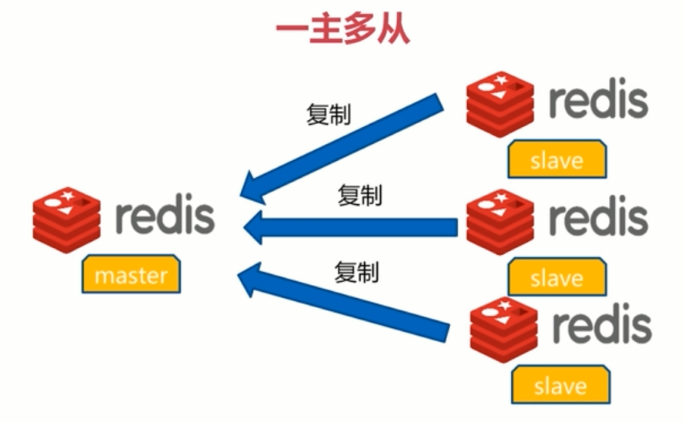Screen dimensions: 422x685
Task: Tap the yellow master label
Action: [131, 273]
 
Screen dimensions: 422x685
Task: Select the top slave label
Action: [556, 161]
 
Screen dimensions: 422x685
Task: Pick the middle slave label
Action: [556, 276]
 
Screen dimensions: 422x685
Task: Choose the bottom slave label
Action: [560, 384]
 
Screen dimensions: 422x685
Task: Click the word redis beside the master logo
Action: [165, 217]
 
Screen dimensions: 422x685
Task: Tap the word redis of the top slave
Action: [598, 101]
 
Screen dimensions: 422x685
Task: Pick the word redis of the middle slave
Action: [598, 219]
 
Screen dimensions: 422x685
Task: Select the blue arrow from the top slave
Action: [342, 146]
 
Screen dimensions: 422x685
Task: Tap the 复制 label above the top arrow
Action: [329, 114]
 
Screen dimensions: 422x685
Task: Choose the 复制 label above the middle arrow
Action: [359, 196]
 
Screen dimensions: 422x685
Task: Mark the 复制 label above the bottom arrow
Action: [356, 271]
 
